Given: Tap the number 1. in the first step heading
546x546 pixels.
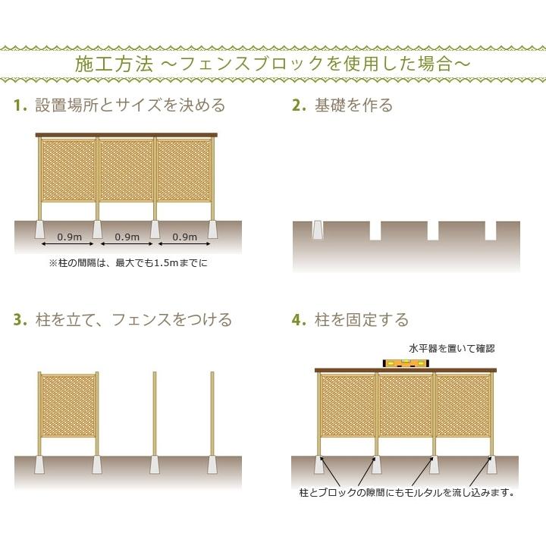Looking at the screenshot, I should [x=20, y=105].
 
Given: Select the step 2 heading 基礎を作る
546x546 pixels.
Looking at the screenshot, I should [x=353, y=105].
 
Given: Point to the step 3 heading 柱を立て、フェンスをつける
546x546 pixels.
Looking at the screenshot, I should [x=133, y=319].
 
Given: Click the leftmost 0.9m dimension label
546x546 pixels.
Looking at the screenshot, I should [x=69, y=237].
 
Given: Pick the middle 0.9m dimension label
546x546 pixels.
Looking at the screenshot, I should [x=126, y=237].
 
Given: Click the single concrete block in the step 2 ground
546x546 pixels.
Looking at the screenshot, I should [x=318, y=229].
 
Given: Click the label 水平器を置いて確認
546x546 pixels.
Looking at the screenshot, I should [x=451, y=348].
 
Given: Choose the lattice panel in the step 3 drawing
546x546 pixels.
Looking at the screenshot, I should [x=68, y=404].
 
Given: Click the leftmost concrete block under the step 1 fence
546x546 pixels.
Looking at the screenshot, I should [x=39, y=228].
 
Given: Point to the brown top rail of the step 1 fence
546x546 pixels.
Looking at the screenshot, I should [x=127, y=135].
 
